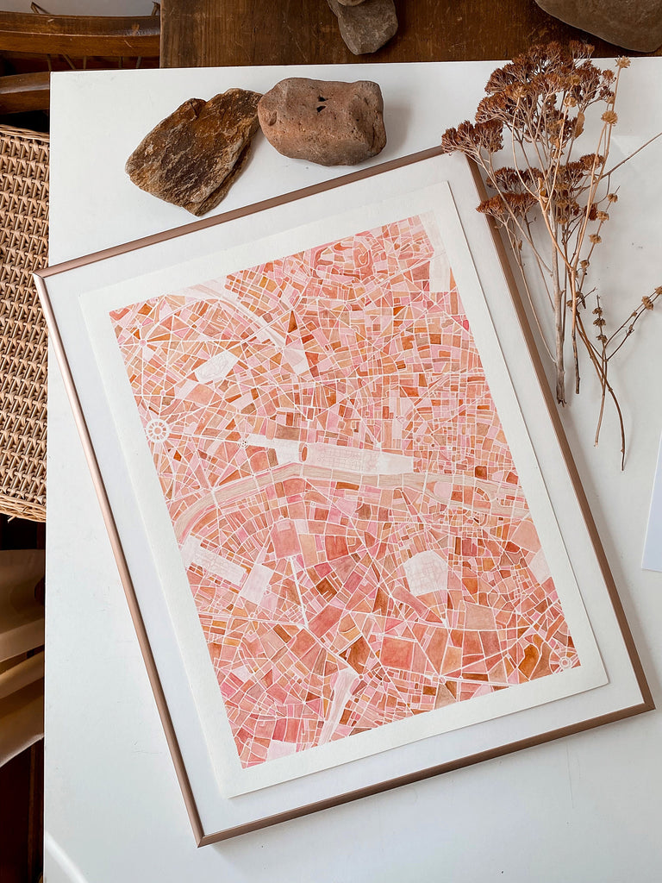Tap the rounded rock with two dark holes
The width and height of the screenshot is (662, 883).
(322, 121)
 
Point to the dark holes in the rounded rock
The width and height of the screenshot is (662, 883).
(320, 103)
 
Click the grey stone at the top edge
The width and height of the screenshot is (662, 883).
(363, 23)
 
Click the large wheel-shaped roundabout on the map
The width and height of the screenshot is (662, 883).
(157, 430)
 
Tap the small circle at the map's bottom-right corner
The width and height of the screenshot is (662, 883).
(565, 661)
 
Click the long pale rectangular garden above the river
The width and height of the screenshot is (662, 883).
(353, 458)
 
